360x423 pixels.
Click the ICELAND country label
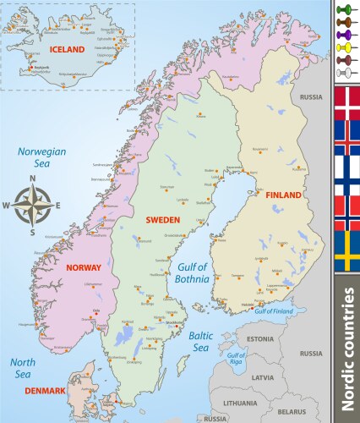click(x=68, y=50)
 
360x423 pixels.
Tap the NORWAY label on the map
click(x=83, y=267)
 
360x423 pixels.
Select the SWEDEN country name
click(x=162, y=220)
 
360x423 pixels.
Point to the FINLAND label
click(x=283, y=195)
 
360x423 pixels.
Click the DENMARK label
click(x=44, y=390)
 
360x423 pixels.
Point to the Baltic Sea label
click(x=201, y=341)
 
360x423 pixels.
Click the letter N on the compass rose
click(x=32, y=179)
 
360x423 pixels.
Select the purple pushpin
click(x=345, y=36)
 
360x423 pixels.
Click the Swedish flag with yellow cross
click(x=345, y=251)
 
